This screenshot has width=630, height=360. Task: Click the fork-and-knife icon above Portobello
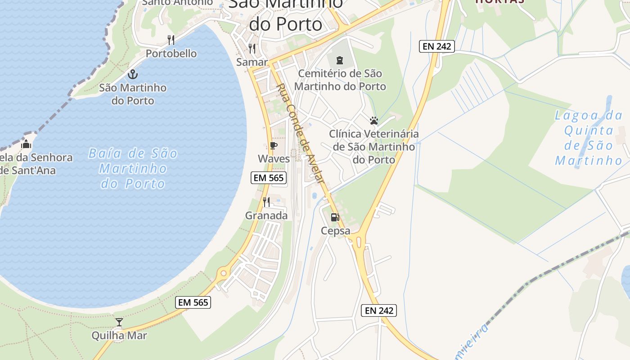click(x=171, y=40)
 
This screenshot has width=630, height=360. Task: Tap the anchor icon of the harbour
click(x=133, y=74)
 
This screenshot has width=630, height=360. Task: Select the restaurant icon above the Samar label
click(x=252, y=48)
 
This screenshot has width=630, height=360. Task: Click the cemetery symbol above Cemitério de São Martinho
click(x=340, y=60)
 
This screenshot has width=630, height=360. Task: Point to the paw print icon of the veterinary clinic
click(x=373, y=121)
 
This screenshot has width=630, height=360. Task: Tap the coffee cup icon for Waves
click(x=273, y=145)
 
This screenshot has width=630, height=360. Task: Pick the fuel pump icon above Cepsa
click(x=335, y=218)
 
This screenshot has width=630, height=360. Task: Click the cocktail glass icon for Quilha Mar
click(x=119, y=322)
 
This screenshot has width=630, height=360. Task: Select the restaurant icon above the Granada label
click(x=266, y=202)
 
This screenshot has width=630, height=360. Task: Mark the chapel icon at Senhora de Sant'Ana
click(x=26, y=144)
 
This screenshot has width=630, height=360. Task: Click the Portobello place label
click(x=171, y=54)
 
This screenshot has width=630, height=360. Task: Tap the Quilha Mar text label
click(x=119, y=335)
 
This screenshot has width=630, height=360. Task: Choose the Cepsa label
click(x=335, y=231)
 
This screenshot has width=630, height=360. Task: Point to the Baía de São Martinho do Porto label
click(x=133, y=169)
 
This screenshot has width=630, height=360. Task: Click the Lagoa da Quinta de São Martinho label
click(x=589, y=138)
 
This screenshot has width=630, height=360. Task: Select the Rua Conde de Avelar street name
click(x=300, y=133)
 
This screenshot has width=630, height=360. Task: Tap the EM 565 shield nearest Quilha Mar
click(x=193, y=302)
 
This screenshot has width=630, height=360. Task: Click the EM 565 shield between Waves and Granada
click(x=269, y=178)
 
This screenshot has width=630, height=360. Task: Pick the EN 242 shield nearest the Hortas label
click(x=437, y=46)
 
